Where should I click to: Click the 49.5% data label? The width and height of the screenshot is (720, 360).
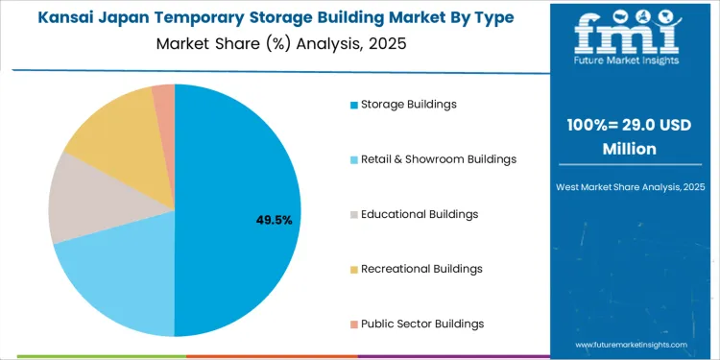pyautogui.click(x=274, y=220)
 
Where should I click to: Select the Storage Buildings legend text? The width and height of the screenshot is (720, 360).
pyautogui.click(x=408, y=104)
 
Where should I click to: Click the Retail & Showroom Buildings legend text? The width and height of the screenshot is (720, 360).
pyautogui.click(x=439, y=158)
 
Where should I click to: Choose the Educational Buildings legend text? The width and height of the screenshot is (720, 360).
pyautogui.click(x=420, y=213)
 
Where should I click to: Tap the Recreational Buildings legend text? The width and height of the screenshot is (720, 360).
pyautogui.click(x=421, y=268)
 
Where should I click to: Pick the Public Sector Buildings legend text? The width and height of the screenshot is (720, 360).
pyautogui.click(x=422, y=324)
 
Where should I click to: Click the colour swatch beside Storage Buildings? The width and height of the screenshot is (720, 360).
pyautogui.click(x=354, y=104)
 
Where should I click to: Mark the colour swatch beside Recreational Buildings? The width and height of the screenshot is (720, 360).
pyautogui.click(x=354, y=269)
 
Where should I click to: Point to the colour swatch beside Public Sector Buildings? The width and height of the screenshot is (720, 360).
pyautogui.click(x=354, y=324)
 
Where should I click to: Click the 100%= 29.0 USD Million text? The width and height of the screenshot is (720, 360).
pyautogui.click(x=630, y=136)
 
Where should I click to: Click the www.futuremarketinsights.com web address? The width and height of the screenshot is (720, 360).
pyautogui.click(x=632, y=344)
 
